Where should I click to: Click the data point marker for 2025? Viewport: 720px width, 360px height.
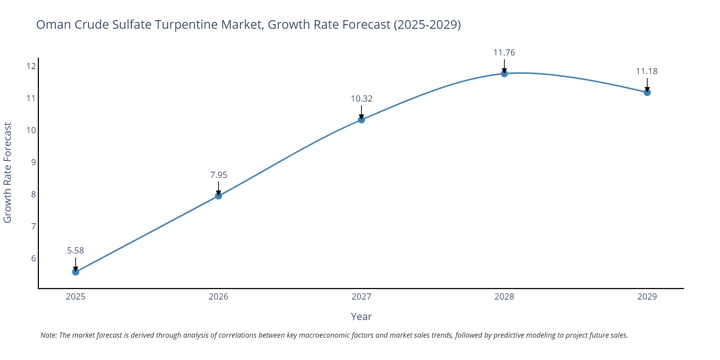76,272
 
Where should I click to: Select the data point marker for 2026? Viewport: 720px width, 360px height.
219,196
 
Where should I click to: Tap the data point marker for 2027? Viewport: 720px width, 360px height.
361,120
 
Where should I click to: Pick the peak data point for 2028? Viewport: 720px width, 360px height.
504,73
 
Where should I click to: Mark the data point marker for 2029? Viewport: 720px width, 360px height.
647,93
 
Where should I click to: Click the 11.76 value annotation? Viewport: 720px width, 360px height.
504,53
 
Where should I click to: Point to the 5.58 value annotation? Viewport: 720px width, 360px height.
76,251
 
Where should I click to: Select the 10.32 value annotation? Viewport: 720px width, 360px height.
361,99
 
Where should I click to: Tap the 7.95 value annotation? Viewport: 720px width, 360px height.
219,175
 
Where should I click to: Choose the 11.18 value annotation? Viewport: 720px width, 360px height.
647,71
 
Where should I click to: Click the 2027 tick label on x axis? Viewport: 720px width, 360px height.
361,297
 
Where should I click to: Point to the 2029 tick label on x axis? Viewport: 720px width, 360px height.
647,297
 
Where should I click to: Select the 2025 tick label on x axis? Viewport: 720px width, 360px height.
76,297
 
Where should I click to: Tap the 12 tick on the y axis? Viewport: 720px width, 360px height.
31,66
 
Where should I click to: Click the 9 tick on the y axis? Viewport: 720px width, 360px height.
33,162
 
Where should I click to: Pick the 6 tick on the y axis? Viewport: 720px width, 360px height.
33,258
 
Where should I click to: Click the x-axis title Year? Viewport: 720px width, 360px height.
361,316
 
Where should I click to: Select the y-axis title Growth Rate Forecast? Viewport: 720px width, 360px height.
8,172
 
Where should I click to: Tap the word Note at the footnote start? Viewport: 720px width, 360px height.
48,335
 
